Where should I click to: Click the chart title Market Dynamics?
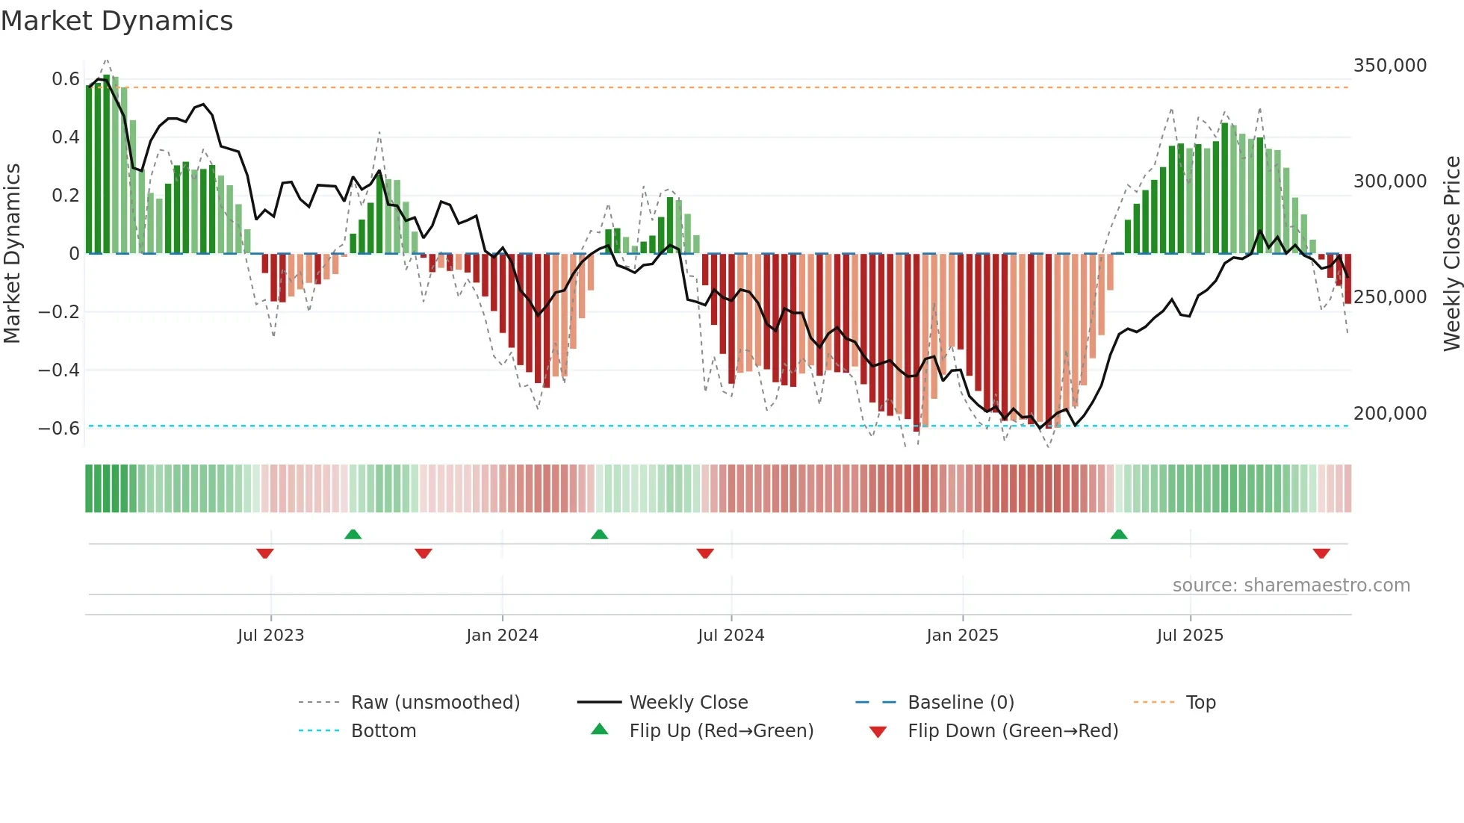[117, 21]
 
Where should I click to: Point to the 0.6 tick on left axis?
[65, 79]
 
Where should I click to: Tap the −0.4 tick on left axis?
[59, 370]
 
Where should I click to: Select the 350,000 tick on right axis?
[1389, 66]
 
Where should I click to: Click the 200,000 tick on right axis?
[1389, 414]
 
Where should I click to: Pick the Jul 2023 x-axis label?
[270, 636]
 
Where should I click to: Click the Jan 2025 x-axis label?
[962, 636]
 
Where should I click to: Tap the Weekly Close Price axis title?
[1451, 254]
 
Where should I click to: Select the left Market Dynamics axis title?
[12, 254]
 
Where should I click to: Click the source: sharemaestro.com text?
[1291, 586]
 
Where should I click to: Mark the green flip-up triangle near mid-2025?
[1118, 534]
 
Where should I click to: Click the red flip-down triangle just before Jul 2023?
[264, 553]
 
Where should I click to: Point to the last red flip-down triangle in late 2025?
[1321, 553]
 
